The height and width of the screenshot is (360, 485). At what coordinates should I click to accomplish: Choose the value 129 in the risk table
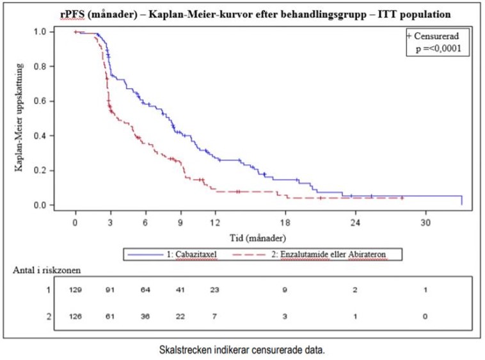(x=76, y=290)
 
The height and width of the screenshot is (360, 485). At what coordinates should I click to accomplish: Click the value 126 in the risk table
(x=76, y=316)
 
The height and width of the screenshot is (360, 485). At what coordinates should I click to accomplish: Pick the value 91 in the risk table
(x=111, y=290)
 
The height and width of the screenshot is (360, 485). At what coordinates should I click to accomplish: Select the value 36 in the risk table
(x=146, y=316)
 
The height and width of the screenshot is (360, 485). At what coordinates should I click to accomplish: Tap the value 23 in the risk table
(x=216, y=290)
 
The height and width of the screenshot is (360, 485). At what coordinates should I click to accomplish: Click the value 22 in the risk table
(x=180, y=316)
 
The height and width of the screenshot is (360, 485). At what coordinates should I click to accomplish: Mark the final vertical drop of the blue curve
(x=461, y=200)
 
